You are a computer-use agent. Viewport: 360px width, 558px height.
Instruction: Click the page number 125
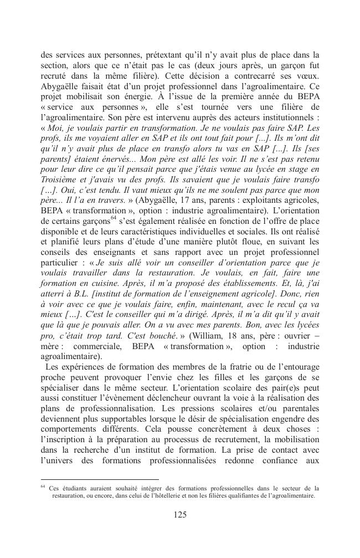click(x=179, y=515)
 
